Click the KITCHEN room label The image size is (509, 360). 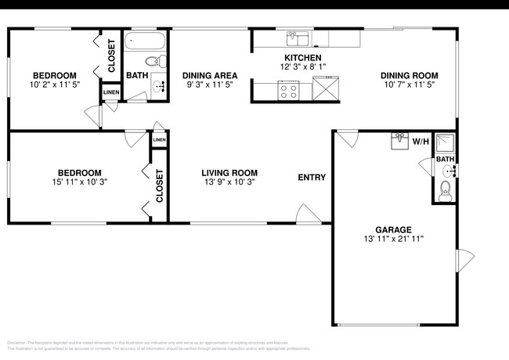tap(302, 59)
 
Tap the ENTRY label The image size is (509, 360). tap(312, 178)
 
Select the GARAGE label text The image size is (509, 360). tap(393, 229)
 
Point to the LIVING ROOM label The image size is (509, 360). tap(229, 173)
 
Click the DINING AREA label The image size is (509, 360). tap(210, 76)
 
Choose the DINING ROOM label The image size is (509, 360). tap(407, 76)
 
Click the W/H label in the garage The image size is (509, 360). tap(421, 142)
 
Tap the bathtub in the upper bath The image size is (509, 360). tap(146, 41)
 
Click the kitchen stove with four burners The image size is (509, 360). tap(288, 90)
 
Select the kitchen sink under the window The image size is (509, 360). tap(297, 38)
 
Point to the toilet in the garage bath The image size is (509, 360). tap(445, 189)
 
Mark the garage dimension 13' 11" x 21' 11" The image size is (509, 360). tap(393, 239)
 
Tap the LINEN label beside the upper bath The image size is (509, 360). tap(110, 93)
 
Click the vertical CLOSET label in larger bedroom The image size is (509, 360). tap(159, 186)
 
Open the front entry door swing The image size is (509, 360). tap(307, 214)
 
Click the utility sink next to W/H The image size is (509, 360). tap(400, 141)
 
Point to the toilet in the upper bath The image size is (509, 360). tap(153, 61)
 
